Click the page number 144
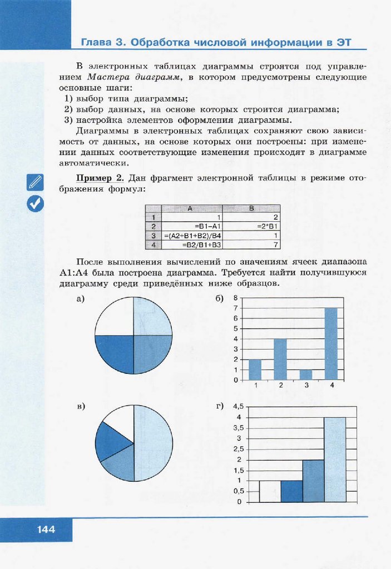[x=46, y=530]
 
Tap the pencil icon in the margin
[x=35, y=182]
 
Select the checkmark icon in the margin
[x=35, y=204]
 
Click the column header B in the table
[x=253, y=209]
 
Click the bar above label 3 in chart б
[x=305, y=375]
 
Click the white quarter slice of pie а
[x=114, y=316]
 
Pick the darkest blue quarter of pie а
[x=114, y=355]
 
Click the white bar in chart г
[x=270, y=491]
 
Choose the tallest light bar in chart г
[x=335, y=460]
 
